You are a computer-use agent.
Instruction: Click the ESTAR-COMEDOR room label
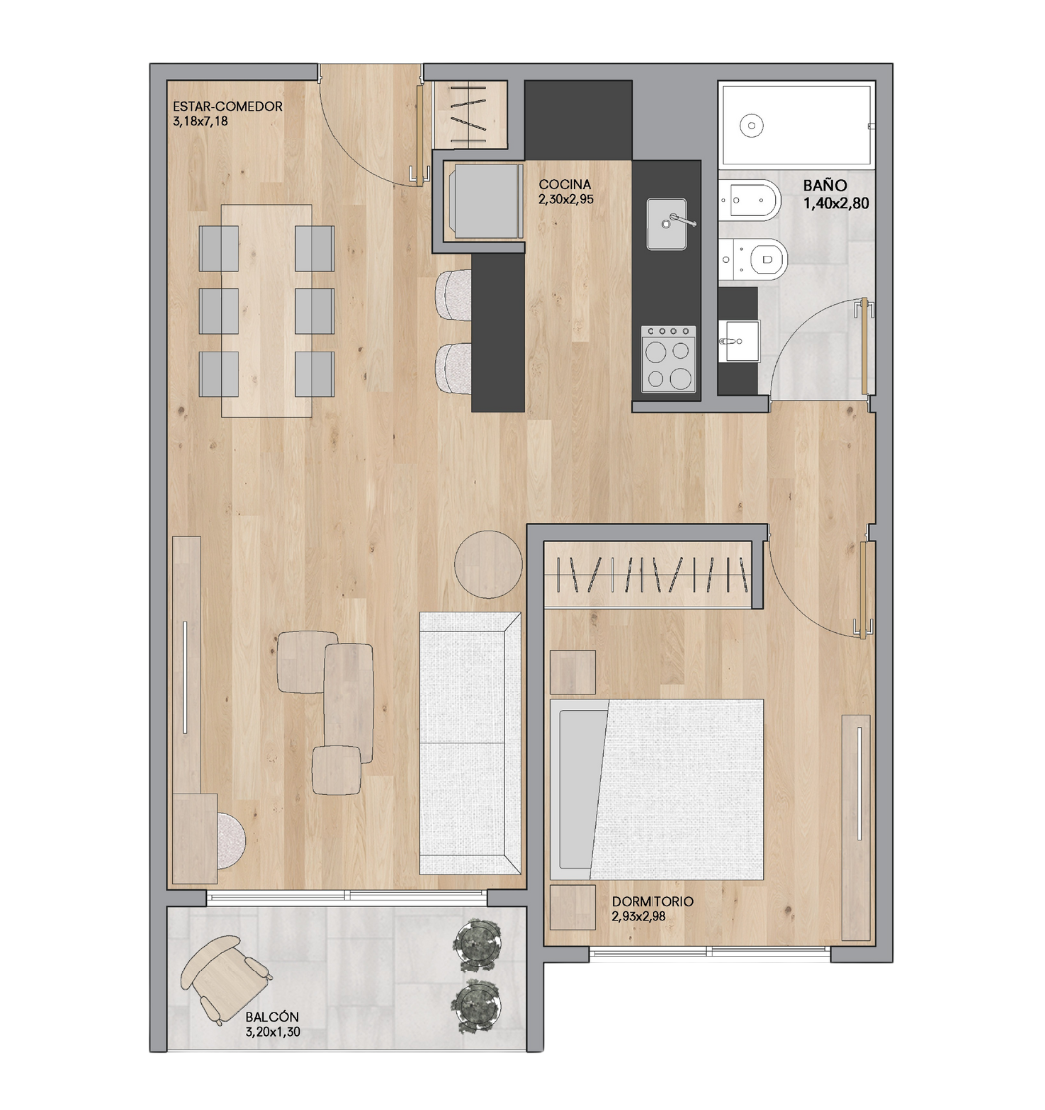point(228,107)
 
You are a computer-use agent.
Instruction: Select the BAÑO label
point(826,185)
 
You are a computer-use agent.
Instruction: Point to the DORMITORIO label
point(653,902)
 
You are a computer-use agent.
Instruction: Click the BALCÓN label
point(272,1018)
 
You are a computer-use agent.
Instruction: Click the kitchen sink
point(671,224)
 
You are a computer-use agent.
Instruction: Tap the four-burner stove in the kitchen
point(668,359)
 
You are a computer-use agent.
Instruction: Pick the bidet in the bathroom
point(749,203)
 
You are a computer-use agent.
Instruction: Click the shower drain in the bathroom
point(752,126)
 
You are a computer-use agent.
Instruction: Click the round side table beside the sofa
point(488,565)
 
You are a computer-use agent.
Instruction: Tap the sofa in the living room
point(470,742)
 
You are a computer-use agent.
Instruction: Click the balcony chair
point(225,975)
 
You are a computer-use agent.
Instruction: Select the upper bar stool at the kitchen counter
point(455,295)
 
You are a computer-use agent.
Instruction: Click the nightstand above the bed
point(572,672)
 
